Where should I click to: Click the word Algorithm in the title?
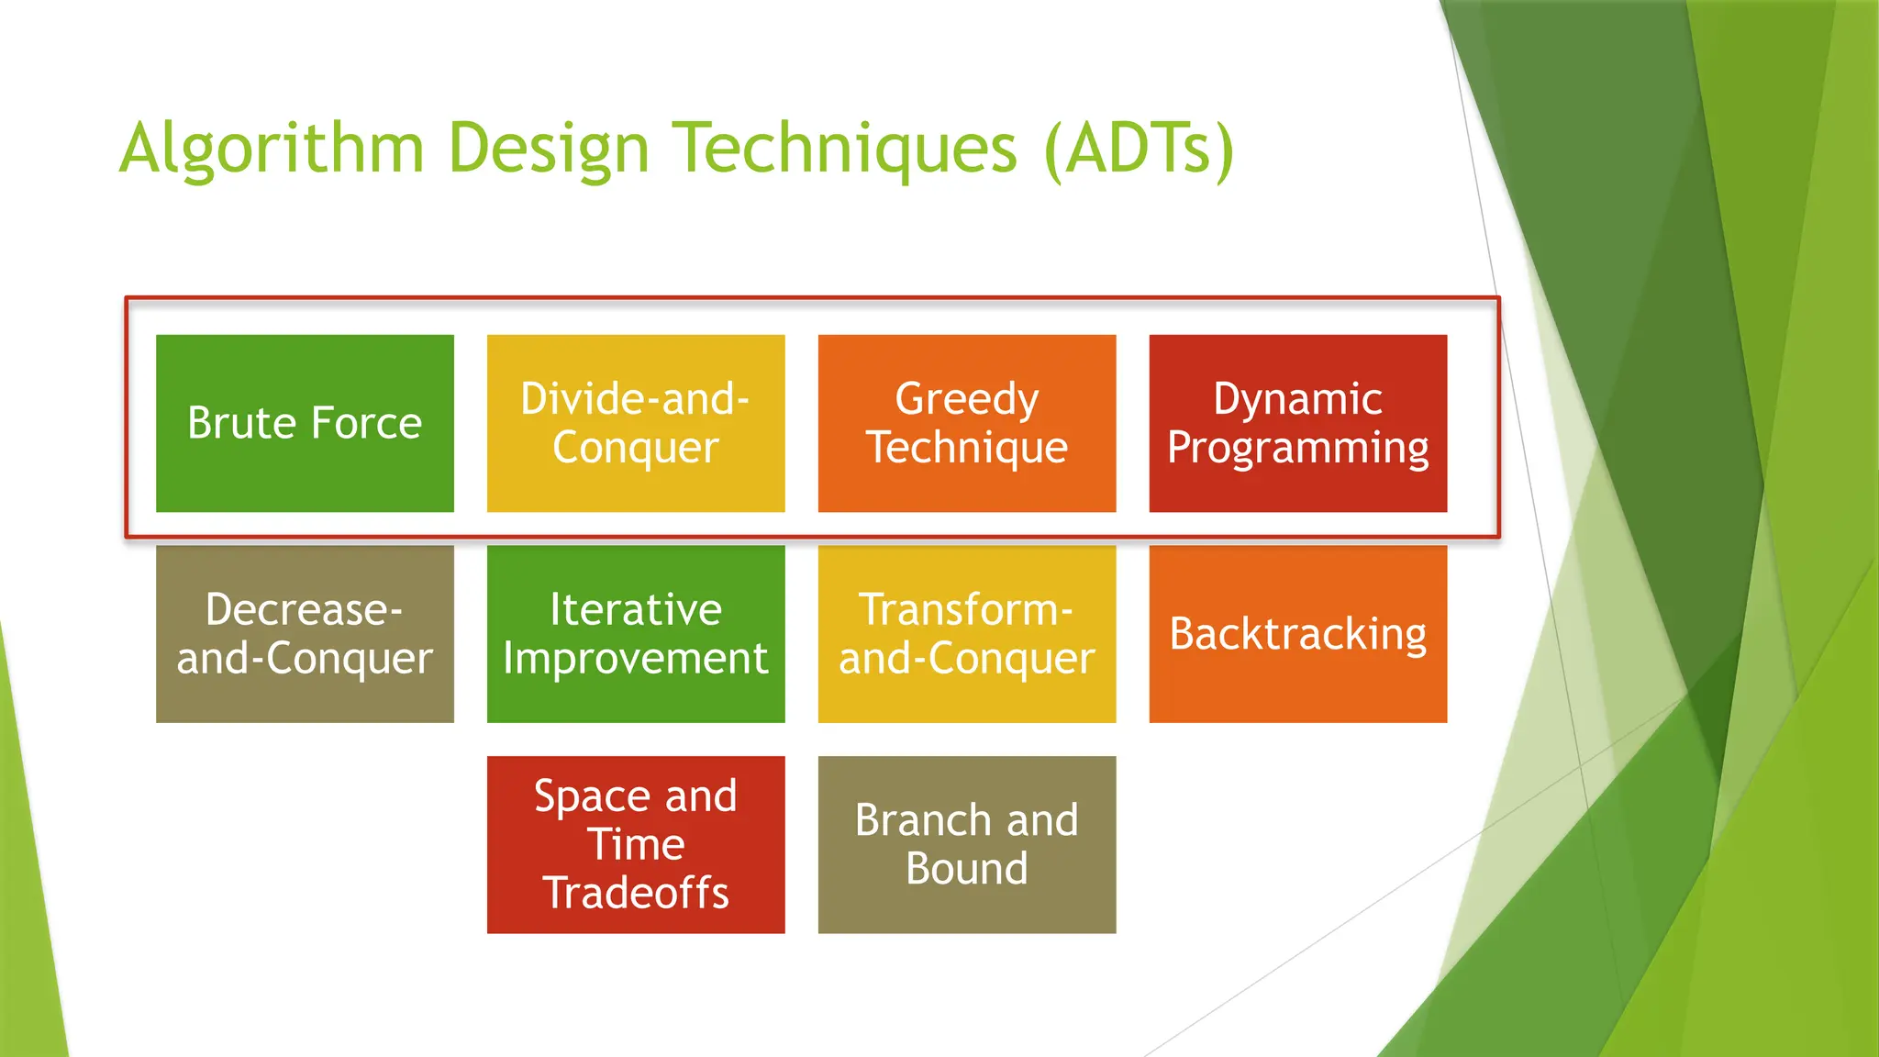[272, 149]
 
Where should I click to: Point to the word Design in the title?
[549, 149]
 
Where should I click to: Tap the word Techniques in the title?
[845, 149]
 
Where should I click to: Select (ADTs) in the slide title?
[1140, 149]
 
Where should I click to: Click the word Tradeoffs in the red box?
[636, 893]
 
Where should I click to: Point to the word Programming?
[1297, 448]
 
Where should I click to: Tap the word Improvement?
[636, 659]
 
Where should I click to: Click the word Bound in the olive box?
[967, 868]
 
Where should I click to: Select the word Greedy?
[967, 400]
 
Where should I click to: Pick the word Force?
[366, 423]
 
